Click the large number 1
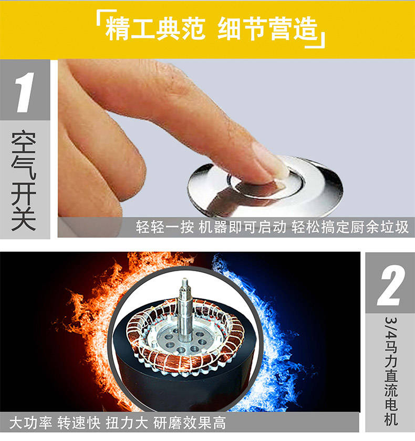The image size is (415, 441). click(25, 93)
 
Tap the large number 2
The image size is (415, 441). click(391, 285)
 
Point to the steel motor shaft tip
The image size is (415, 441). click(185, 281)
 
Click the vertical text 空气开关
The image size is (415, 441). click(24, 180)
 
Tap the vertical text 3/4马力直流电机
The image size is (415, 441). click(391, 371)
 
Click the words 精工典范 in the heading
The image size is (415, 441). click(155, 29)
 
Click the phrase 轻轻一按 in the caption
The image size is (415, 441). click(165, 227)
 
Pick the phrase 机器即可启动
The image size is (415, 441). click(242, 227)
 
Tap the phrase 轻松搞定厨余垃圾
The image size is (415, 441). click(350, 227)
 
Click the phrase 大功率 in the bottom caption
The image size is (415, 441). click(30, 423)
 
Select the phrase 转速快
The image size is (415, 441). click(79, 423)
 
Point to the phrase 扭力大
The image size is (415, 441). click(127, 423)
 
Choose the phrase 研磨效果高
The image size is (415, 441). click(190, 423)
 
